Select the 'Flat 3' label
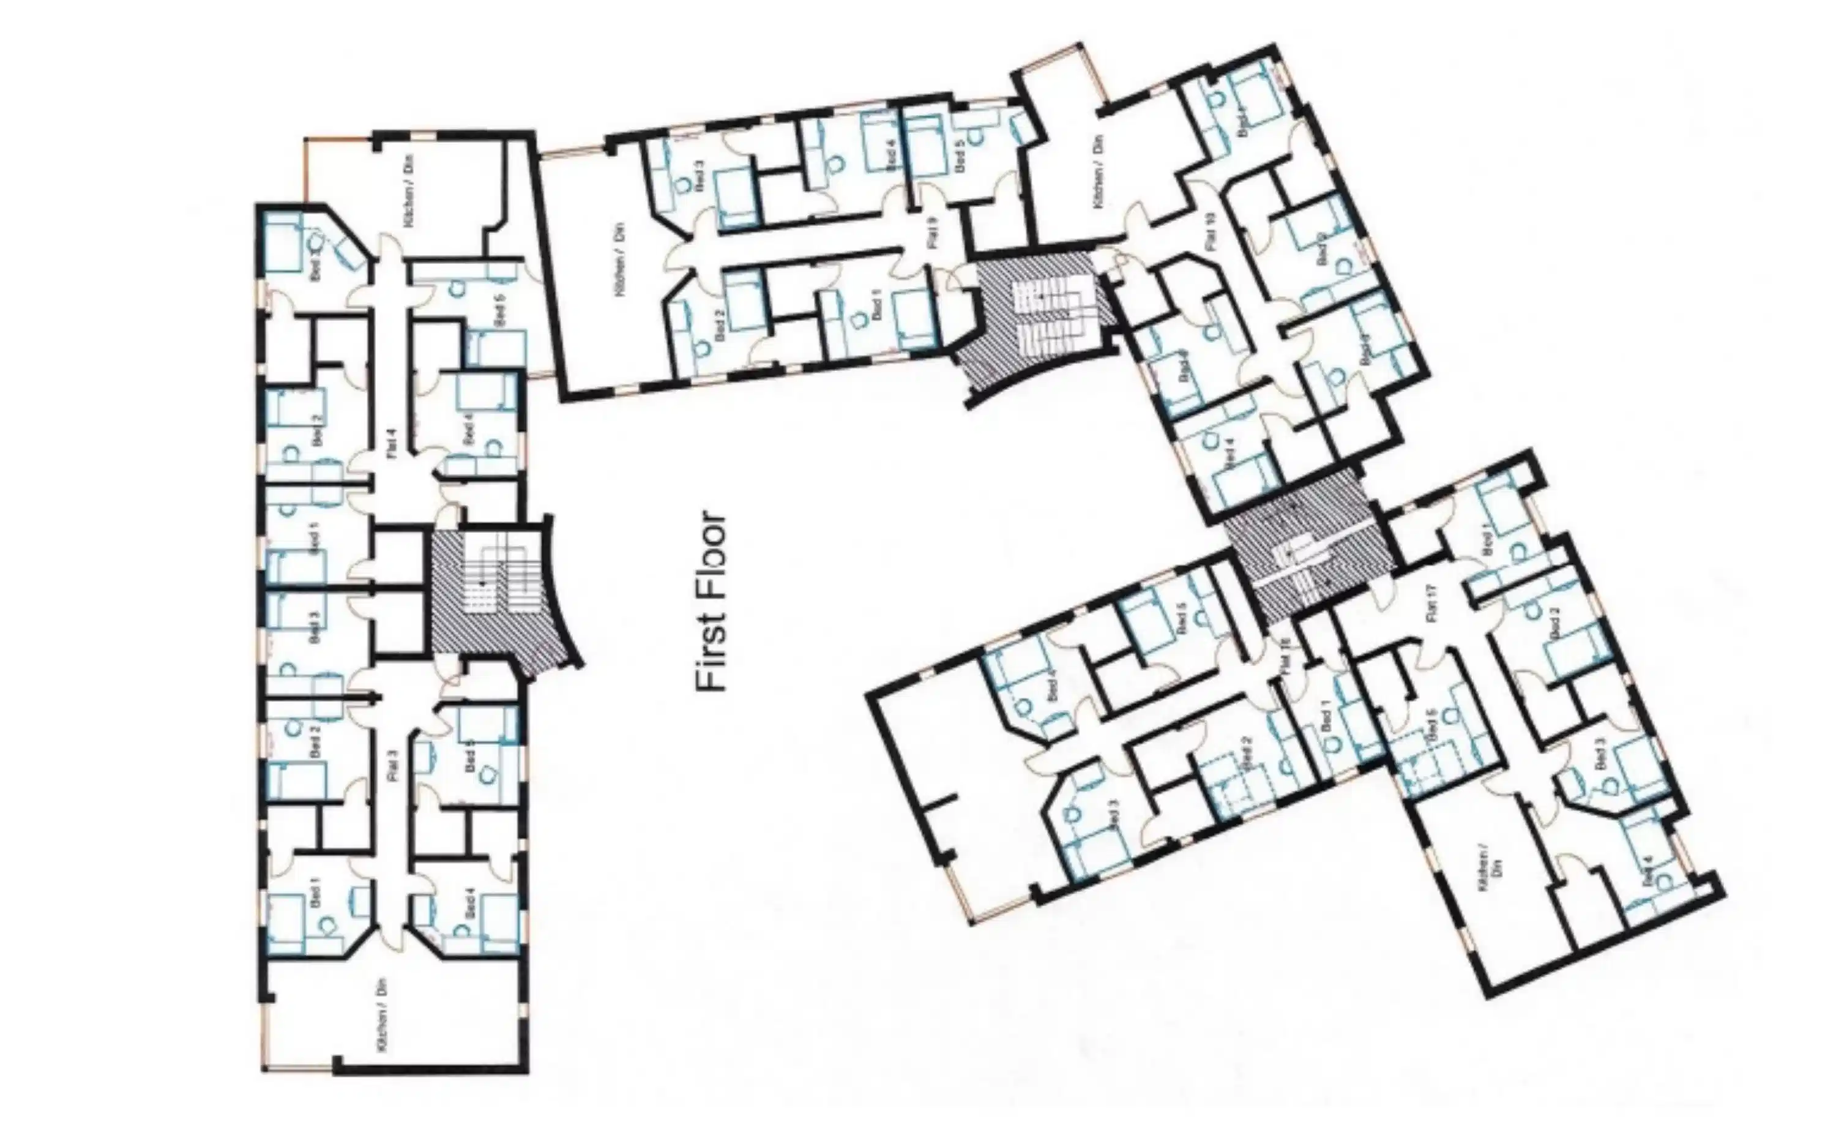click(x=394, y=765)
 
